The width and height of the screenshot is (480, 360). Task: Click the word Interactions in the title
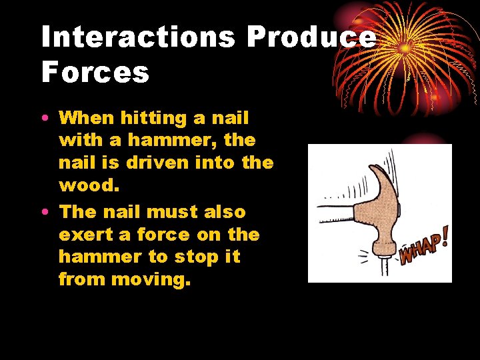pyautogui.click(x=138, y=37)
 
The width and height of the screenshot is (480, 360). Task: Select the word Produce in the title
pyautogui.click(x=311, y=37)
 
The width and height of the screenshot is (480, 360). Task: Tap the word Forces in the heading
pyautogui.click(x=95, y=72)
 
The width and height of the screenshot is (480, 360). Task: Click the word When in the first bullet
pyautogui.click(x=87, y=119)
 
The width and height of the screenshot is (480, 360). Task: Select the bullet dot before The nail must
pyautogui.click(x=44, y=213)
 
